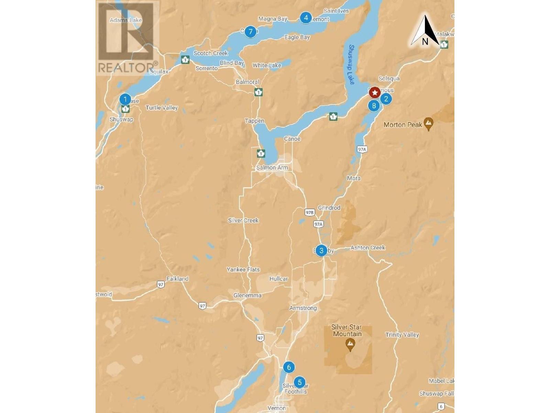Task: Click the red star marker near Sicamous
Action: click(x=374, y=92)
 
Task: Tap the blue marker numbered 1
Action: click(x=125, y=99)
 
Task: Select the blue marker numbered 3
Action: click(x=321, y=251)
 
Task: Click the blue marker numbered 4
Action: click(x=306, y=18)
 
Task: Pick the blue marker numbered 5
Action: click(x=300, y=382)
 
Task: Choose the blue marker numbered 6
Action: click(x=289, y=367)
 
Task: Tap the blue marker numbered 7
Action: click(x=251, y=32)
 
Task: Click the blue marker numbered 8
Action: click(x=374, y=106)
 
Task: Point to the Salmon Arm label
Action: click(x=272, y=168)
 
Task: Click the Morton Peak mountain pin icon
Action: click(x=428, y=124)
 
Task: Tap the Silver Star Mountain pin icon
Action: click(x=350, y=344)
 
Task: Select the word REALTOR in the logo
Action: click(x=126, y=67)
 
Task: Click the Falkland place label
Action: click(x=177, y=279)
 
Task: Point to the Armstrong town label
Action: click(x=303, y=308)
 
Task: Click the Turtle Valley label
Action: click(x=162, y=108)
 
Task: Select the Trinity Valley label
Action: click(x=402, y=335)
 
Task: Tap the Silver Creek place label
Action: click(x=243, y=220)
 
